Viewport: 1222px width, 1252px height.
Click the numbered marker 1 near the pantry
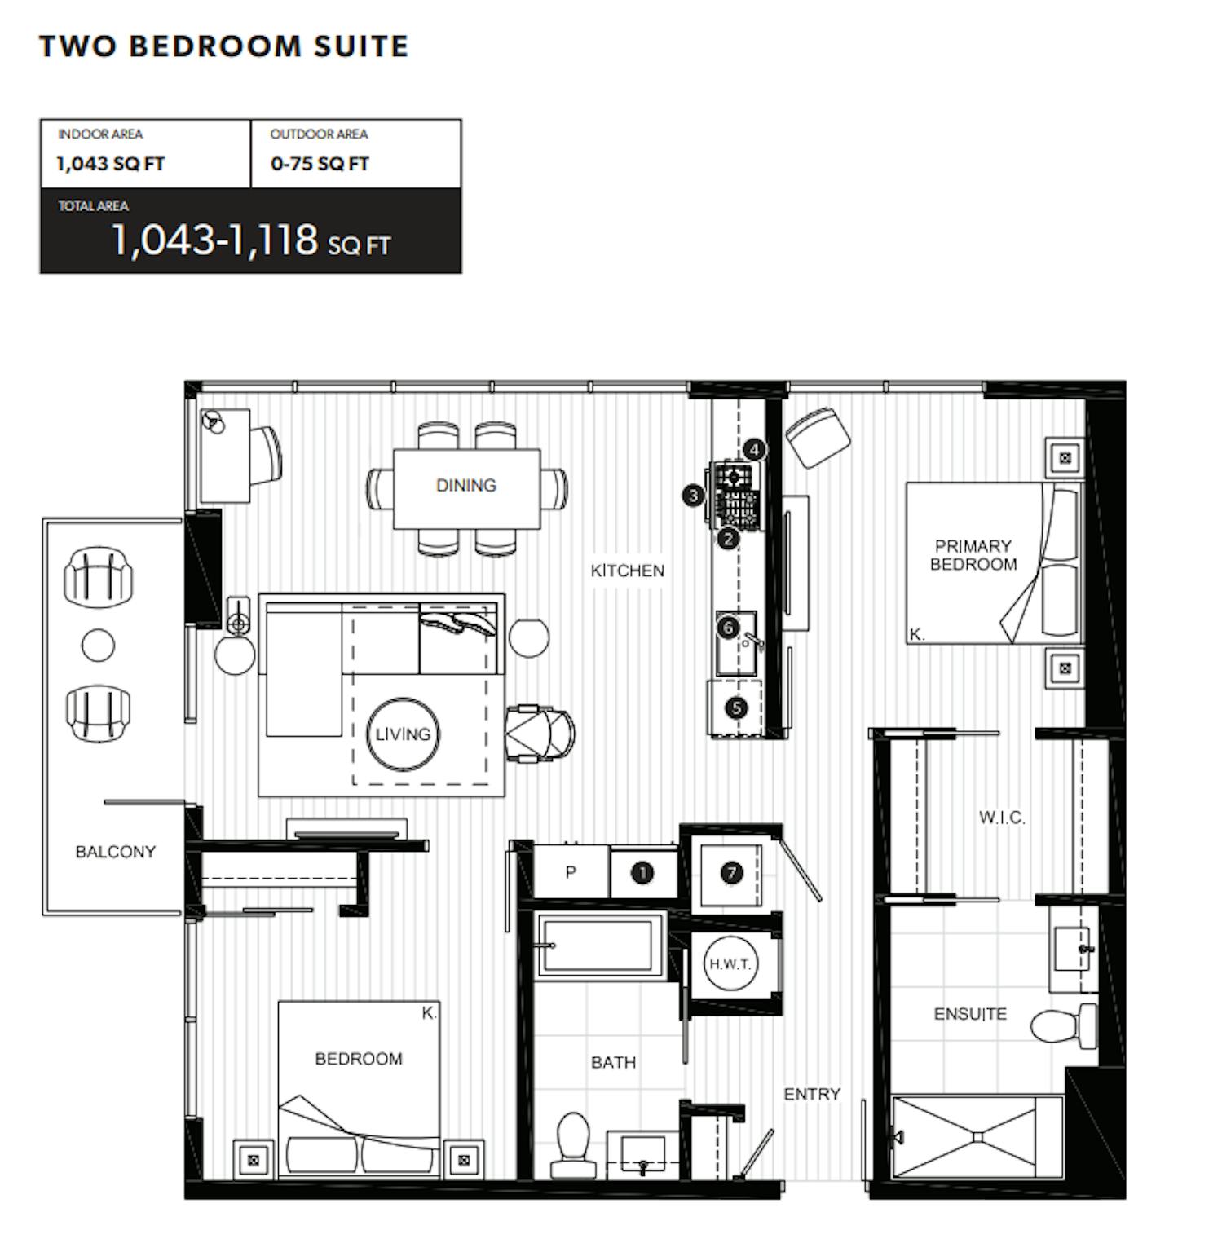pyautogui.click(x=642, y=873)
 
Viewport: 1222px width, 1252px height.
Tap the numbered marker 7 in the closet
pyautogui.click(x=731, y=873)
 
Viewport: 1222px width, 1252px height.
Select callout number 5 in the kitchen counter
pyautogui.click(x=736, y=708)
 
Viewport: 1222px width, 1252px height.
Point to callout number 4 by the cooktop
pyautogui.click(x=754, y=449)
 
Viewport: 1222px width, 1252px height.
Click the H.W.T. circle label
pyautogui.click(x=730, y=964)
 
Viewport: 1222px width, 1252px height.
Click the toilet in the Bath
pyautogui.click(x=573, y=1145)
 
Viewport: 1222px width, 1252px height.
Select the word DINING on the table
pyautogui.click(x=466, y=486)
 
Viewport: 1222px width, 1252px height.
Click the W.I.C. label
pyautogui.click(x=1002, y=818)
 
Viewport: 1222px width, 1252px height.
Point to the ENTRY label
pyautogui.click(x=812, y=1094)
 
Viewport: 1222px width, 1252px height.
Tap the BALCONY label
pyautogui.click(x=115, y=852)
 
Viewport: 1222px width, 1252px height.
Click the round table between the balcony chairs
pyautogui.click(x=99, y=646)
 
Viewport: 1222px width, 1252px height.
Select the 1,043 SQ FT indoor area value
pyautogui.click(x=111, y=164)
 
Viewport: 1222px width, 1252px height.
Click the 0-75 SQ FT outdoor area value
pyautogui.click(x=320, y=164)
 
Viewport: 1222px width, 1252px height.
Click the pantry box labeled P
pyautogui.click(x=571, y=872)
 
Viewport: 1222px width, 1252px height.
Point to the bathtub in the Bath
pyautogui.click(x=600, y=945)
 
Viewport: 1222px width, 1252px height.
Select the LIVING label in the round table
pyautogui.click(x=403, y=734)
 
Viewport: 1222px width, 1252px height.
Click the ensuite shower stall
pyautogui.click(x=978, y=1137)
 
